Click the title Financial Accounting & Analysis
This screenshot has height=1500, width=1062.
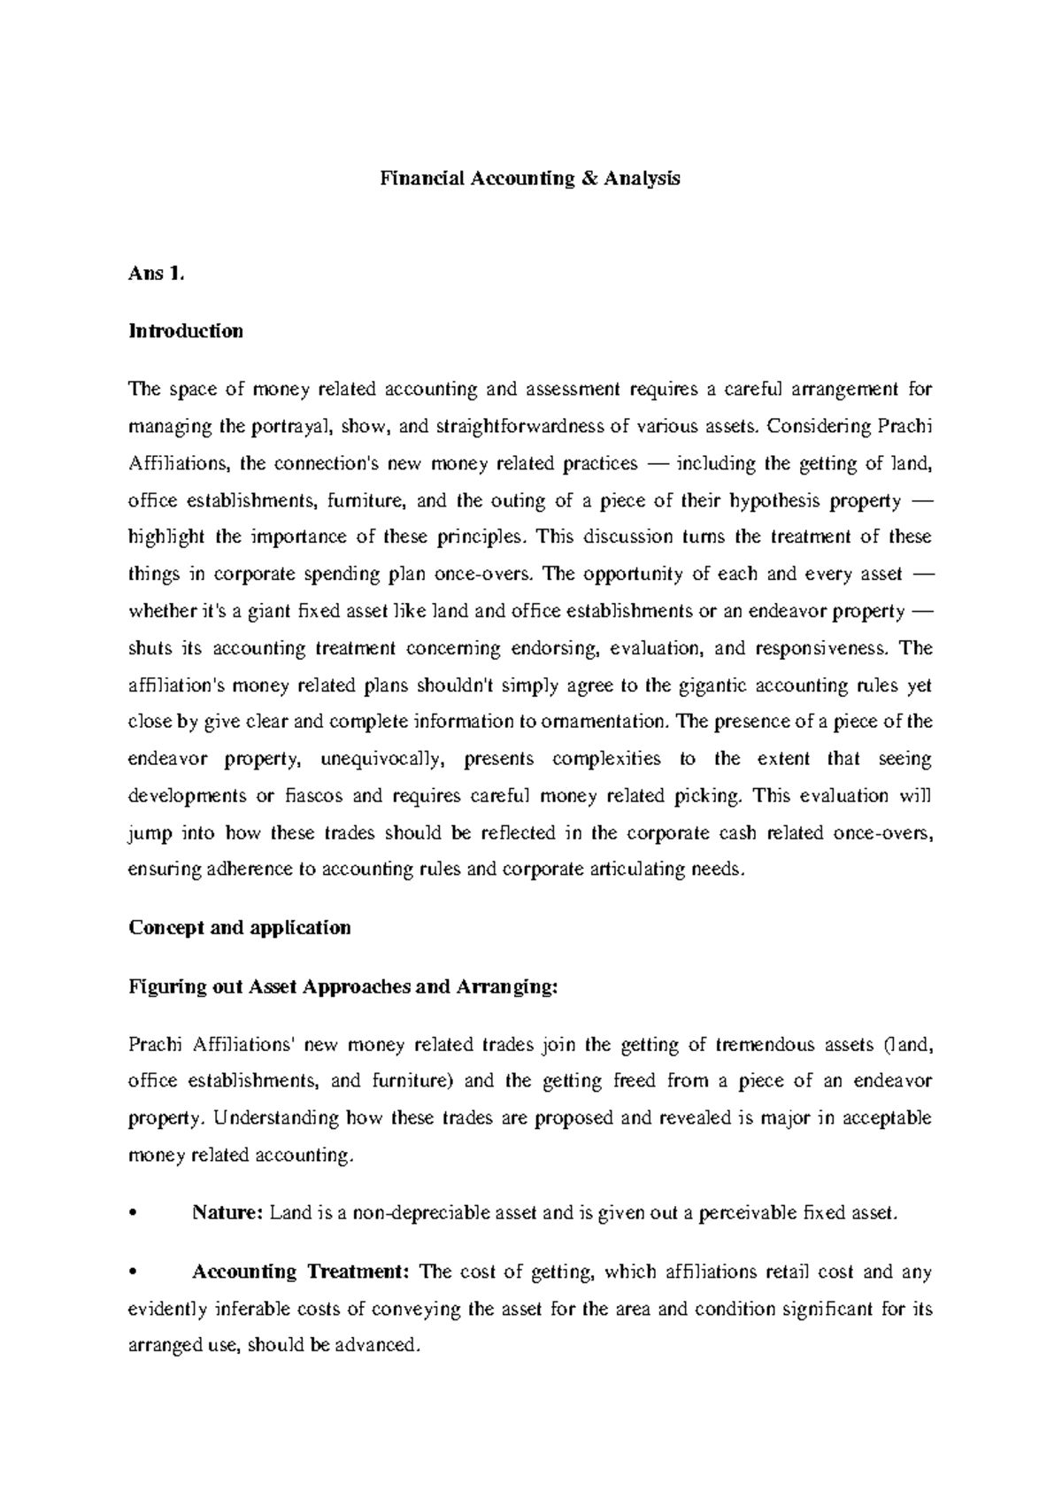pyautogui.click(x=530, y=179)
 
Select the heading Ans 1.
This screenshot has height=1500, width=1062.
pyautogui.click(x=158, y=274)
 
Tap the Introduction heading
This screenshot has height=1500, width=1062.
pyautogui.click(x=186, y=331)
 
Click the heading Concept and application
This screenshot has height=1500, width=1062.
pyautogui.click(x=240, y=927)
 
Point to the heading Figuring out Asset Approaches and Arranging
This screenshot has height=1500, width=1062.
pyautogui.click(x=344, y=986)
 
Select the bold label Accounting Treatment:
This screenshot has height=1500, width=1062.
pyautogui.click(x=300, y=1272)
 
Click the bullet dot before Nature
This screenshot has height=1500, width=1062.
pyautogui.click(x=133, y=1214)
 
